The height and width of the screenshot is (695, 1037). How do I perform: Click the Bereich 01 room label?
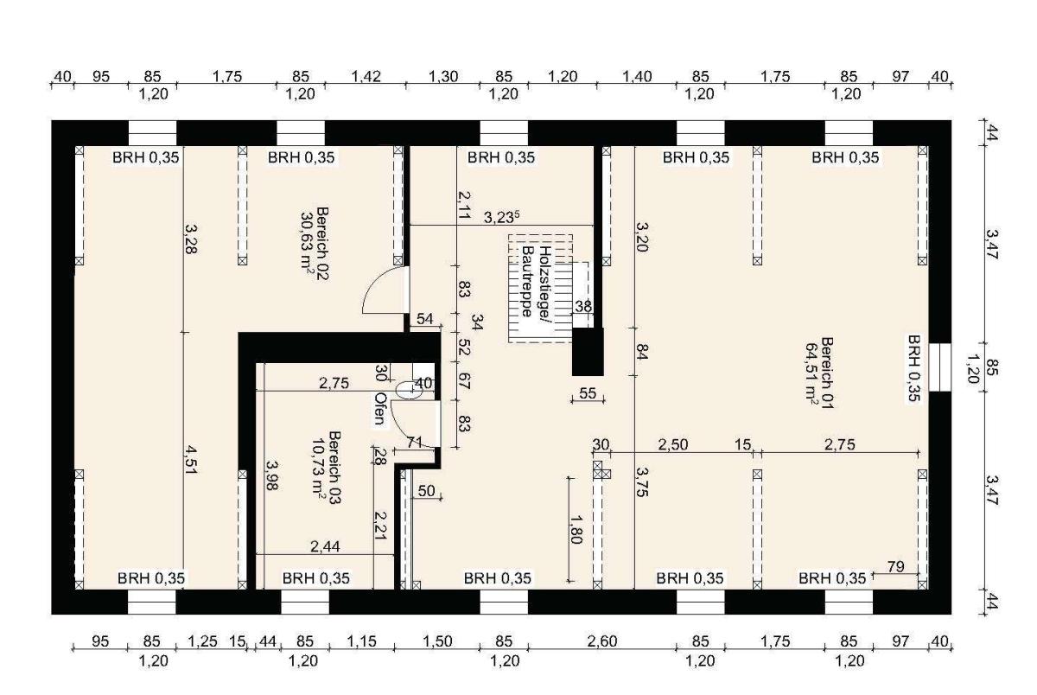(820, 373)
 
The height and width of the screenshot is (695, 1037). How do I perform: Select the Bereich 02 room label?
(315, 244)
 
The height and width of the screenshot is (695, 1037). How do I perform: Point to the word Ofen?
(380, 409)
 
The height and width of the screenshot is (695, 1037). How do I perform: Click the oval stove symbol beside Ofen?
(410, 391)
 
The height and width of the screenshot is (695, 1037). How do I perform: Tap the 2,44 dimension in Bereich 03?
(325, 547)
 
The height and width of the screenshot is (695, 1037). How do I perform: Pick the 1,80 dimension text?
(576, 530)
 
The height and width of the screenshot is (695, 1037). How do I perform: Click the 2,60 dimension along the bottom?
(602, 641)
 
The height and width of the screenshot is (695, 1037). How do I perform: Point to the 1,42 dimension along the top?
(366, 76)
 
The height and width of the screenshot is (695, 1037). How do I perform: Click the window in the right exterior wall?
(940, 367)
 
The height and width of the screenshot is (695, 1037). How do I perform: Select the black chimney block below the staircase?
(588, 352)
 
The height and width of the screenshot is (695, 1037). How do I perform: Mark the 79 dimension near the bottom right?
(896, 566)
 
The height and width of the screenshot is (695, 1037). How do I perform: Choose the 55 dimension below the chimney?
(588, 393)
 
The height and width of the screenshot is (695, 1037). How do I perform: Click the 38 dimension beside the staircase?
(583, 306)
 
